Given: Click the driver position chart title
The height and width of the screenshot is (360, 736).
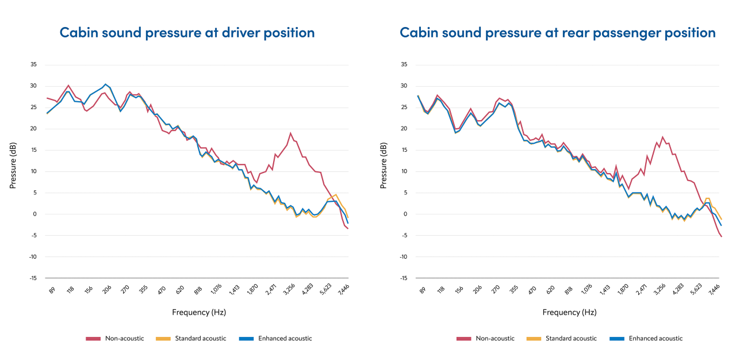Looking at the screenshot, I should click(x=187, y=32).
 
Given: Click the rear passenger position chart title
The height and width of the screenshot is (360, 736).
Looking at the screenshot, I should click(x=558, y=32).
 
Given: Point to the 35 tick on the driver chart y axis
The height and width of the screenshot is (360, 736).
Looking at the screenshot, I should click(x=33, y=64).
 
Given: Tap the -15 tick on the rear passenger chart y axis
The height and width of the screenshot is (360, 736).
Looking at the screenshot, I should click(x=404, y=278).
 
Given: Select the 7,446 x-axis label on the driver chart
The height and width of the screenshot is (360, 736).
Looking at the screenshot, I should click(x=344, y=290).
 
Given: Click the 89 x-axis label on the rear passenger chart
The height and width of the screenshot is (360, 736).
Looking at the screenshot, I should click(x=423, y=290).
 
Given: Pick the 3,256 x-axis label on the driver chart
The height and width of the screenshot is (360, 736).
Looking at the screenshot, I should click(x=289, y=290).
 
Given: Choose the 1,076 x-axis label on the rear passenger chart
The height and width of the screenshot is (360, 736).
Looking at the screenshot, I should click(x=586, y=290).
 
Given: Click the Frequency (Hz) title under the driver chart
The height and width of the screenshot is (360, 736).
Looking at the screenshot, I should click(x=198, y=312).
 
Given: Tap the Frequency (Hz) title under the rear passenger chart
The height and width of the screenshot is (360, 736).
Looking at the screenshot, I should click(x=569, y=312).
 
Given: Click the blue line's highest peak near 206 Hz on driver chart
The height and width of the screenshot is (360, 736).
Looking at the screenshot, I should click(x=105, y=84).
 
